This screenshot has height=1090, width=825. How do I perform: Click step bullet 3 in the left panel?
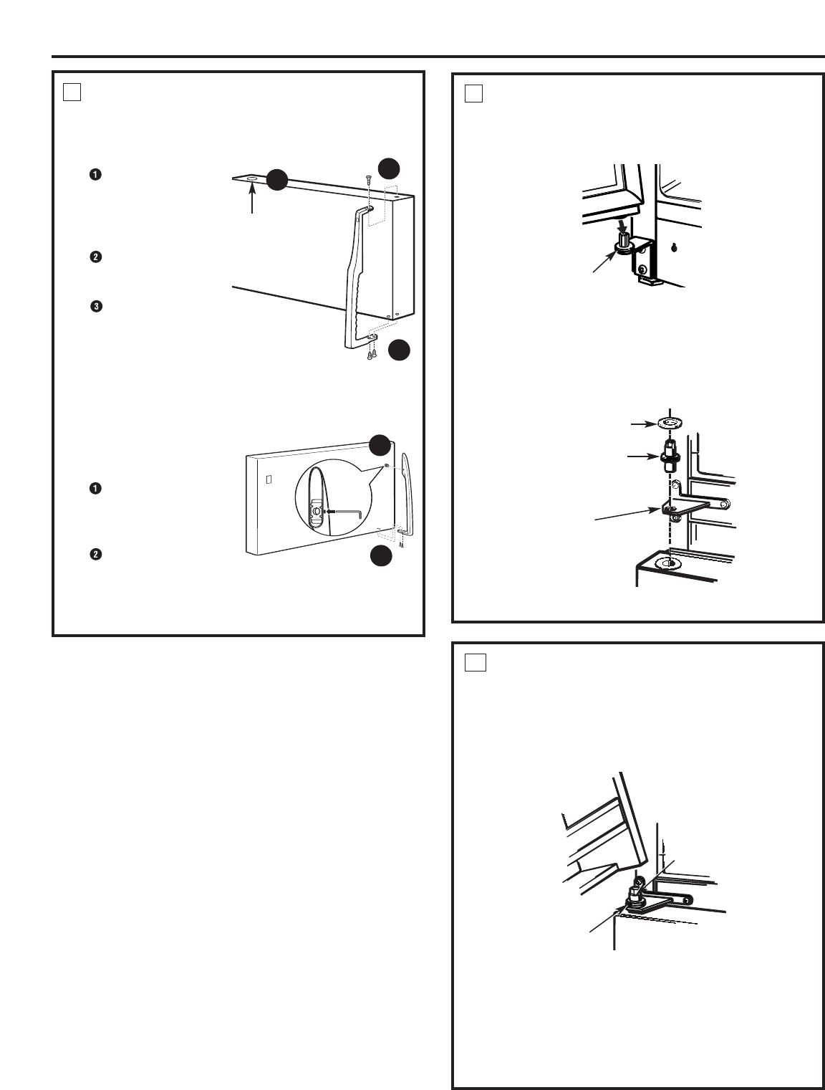coord(95,306)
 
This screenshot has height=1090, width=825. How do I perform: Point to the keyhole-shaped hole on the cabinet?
coord(675,247)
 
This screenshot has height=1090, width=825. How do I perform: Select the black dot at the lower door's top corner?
coord(380,445)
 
